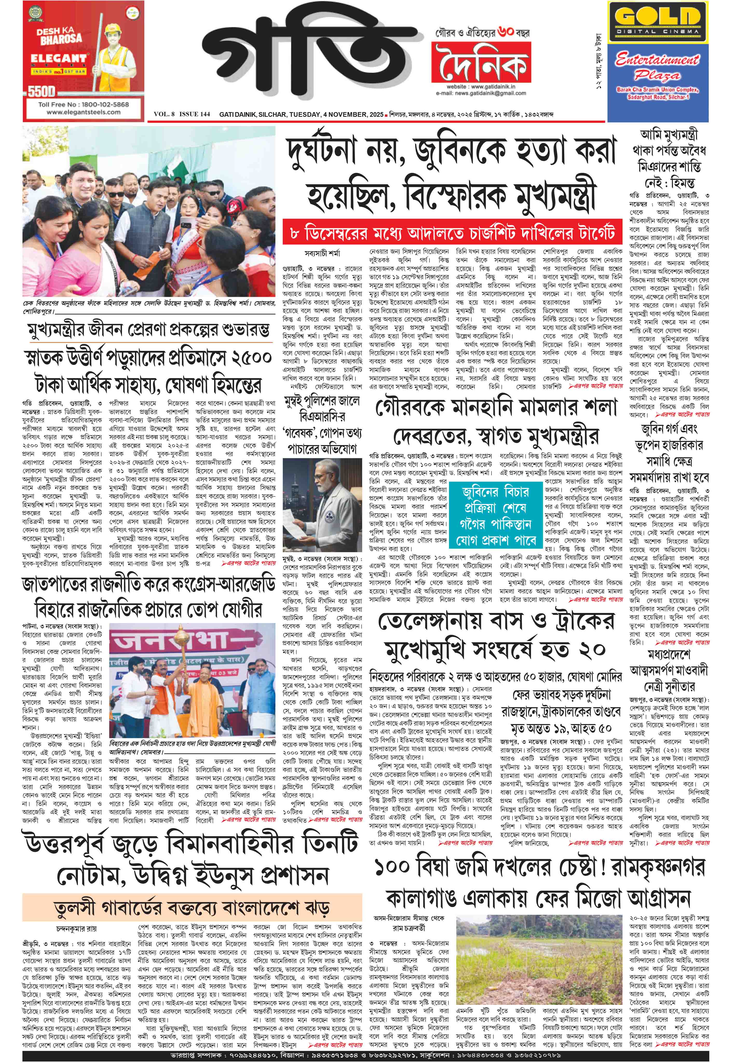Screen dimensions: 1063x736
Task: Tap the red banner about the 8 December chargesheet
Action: (451, 233)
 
